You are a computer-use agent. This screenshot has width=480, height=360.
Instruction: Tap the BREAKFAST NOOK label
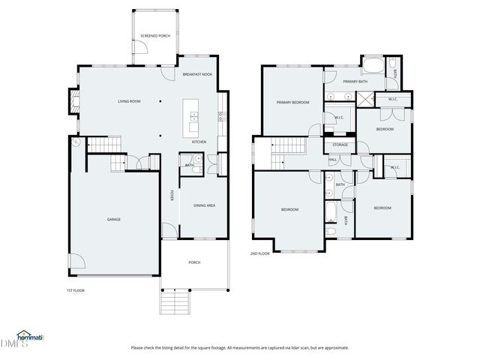click(x=196, y=75)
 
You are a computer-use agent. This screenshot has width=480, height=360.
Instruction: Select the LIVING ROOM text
click(x=129, y=101)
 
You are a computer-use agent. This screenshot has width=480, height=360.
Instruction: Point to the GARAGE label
click(x=113, y=219)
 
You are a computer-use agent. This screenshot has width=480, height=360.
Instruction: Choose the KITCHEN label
click(x=199, y=142)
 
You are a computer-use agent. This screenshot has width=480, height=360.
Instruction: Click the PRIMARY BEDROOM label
click(x=292, y=102)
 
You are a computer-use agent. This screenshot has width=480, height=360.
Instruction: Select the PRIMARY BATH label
click(x=355, y=81)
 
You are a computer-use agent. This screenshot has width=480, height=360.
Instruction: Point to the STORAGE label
click(x=340, y=144)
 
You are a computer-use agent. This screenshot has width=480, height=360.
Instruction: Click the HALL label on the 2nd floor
click(x=332, y=159)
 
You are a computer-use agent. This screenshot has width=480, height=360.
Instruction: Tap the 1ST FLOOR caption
click(x=75, y=289)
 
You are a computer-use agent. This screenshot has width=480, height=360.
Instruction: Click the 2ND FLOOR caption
click(x=259, y=253)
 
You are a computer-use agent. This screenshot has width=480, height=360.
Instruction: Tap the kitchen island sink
click(x=194, y=115)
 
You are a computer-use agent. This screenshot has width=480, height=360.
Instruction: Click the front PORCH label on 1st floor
click(x=194, y=262)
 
